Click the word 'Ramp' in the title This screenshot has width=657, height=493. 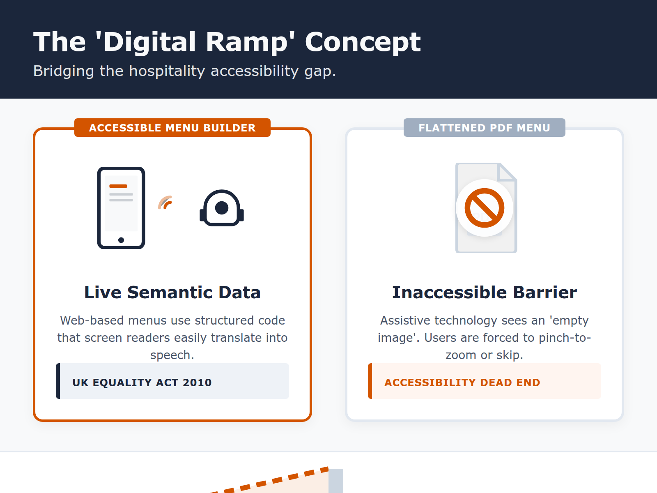click(246, 42)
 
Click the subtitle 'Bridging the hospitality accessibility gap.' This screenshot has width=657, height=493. click(184, 71)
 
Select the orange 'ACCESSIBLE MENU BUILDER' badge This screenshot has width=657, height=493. click(172, 128)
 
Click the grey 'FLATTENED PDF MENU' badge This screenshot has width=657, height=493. click(484, 128)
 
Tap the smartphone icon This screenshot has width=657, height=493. click(121, 208)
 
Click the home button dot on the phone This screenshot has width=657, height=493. click(121, 240)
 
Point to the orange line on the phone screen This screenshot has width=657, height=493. click(118, 186)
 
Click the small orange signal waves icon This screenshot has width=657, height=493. click(165, 203)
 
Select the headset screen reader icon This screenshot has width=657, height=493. click(222, 208)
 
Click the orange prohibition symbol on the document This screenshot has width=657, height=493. click(485, 208)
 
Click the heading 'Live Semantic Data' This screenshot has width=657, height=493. click(172, 293)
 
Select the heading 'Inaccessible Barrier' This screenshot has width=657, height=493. click(485, 293)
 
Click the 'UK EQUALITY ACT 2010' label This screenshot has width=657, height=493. click(142, 382)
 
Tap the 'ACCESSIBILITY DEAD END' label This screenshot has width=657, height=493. click(462, 382)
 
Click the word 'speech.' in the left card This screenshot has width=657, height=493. click(172, 355)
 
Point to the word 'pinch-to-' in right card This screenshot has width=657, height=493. click(565, 338)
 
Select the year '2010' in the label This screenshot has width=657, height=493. click(197, 382)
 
